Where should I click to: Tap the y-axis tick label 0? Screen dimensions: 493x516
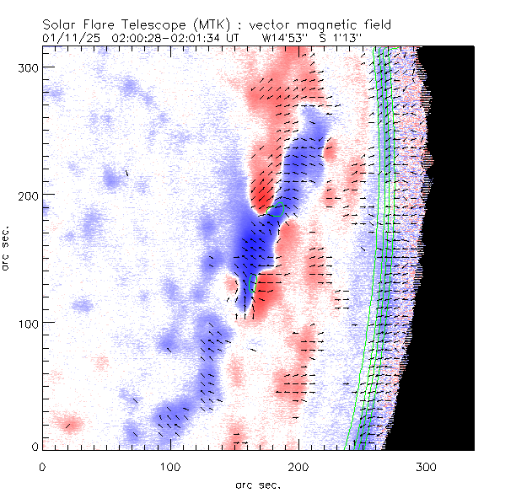coord(36,446)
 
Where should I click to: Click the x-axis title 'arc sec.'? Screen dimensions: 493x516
coord(257,485)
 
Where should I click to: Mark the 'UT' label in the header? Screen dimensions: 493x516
coord(234,38)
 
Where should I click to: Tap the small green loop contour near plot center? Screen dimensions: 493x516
coord(277,210)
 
